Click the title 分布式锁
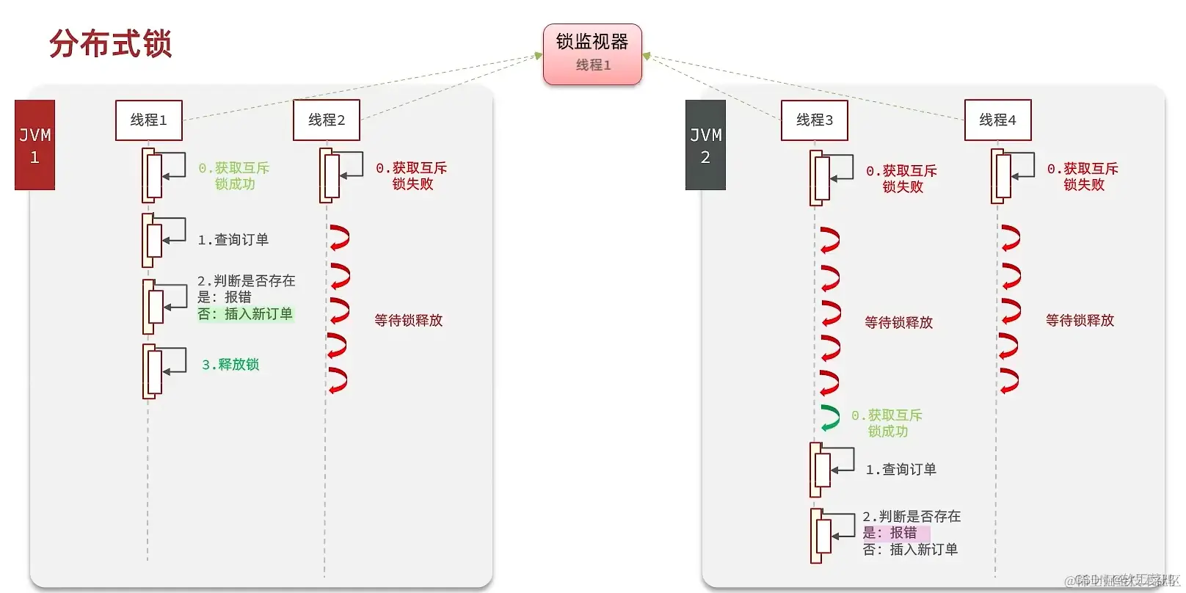click(110, 44)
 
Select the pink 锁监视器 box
click(592, 54)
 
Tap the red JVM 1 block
click(34, 145)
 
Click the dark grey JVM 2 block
click(705, 145)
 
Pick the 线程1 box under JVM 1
click(148, 120)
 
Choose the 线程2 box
click(326, 120)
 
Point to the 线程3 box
click(814, 120)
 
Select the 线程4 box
click(997, 120)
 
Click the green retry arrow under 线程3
click(829, 418)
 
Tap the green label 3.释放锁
click(230, 365)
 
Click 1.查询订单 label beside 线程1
click(233, 240)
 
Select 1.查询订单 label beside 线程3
click(901, 470)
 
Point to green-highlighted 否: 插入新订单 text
click(245, 314)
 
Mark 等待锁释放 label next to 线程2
click(408, 321)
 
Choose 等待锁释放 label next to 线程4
click(1080, 321)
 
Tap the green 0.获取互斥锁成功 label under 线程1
click(234, 176)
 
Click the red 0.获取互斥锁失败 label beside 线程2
click(412, 176)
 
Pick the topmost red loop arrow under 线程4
click(1010, 239)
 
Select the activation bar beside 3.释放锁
click(152, 371)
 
